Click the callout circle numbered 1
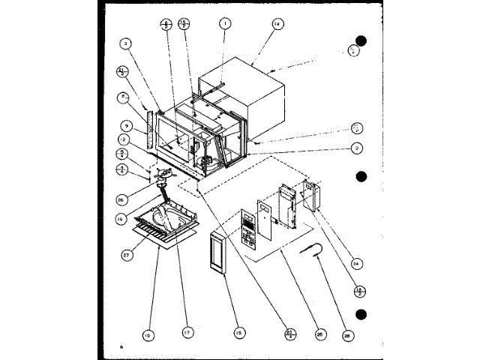pyautogui.click(x=223, y=24)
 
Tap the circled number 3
pyautogui.click(x=127, y=44)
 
